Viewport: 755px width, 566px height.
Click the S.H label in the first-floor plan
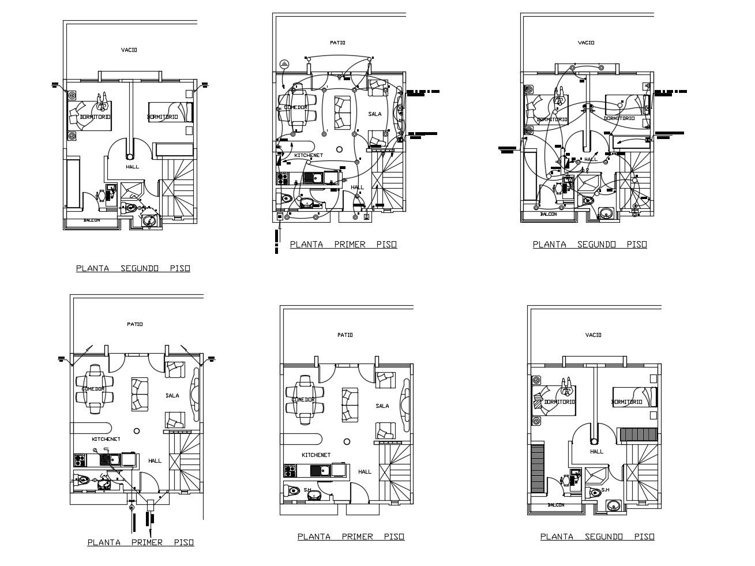(308, 490)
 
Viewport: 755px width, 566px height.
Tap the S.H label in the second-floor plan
(604, 490)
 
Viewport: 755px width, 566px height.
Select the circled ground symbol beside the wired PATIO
(284, 63)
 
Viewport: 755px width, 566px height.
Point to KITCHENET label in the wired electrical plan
(309, 155)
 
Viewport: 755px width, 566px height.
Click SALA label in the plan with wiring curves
(375, 114)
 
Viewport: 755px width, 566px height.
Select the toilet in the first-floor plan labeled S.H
(294, 492)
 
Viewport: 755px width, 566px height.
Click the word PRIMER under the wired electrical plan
(350, 245)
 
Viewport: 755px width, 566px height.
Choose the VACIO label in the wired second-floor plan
(586, 43)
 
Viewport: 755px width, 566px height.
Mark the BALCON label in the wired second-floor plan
(548, 214)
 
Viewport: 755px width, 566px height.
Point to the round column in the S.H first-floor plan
(346, 441)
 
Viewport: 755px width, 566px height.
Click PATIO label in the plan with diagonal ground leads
(135, 324)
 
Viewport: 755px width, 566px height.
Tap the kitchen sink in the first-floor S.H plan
(324, 470)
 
